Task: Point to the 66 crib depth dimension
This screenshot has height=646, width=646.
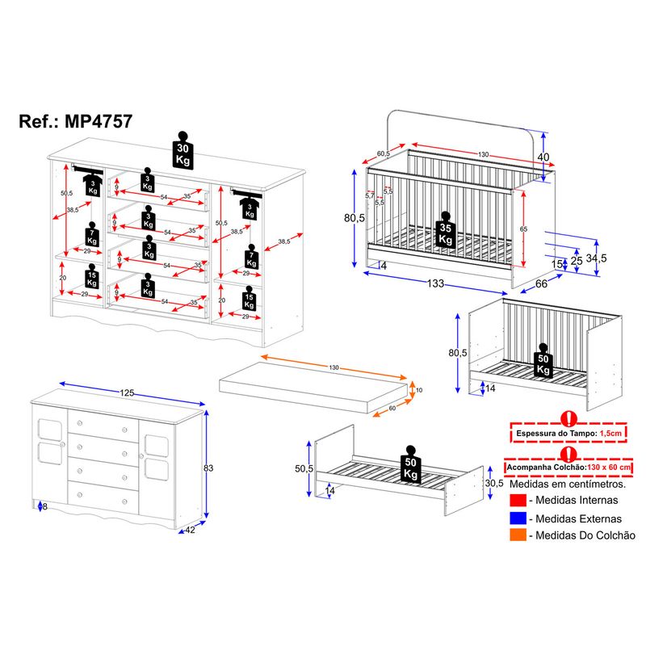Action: click(540, 283)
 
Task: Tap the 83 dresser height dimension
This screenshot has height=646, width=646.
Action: click(208, 467)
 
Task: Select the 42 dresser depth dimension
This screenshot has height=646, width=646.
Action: click(188, 530)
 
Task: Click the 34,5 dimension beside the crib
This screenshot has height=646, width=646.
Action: click(596, 258)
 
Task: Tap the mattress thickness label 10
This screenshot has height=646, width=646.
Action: click(417, 391)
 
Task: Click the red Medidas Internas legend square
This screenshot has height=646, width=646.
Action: click(518, 501)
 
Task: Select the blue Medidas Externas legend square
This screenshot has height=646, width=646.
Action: click(518, 518)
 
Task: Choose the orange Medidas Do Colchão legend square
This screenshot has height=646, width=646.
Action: click(518, 535)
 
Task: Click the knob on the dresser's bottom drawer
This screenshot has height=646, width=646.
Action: click(125, 502)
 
